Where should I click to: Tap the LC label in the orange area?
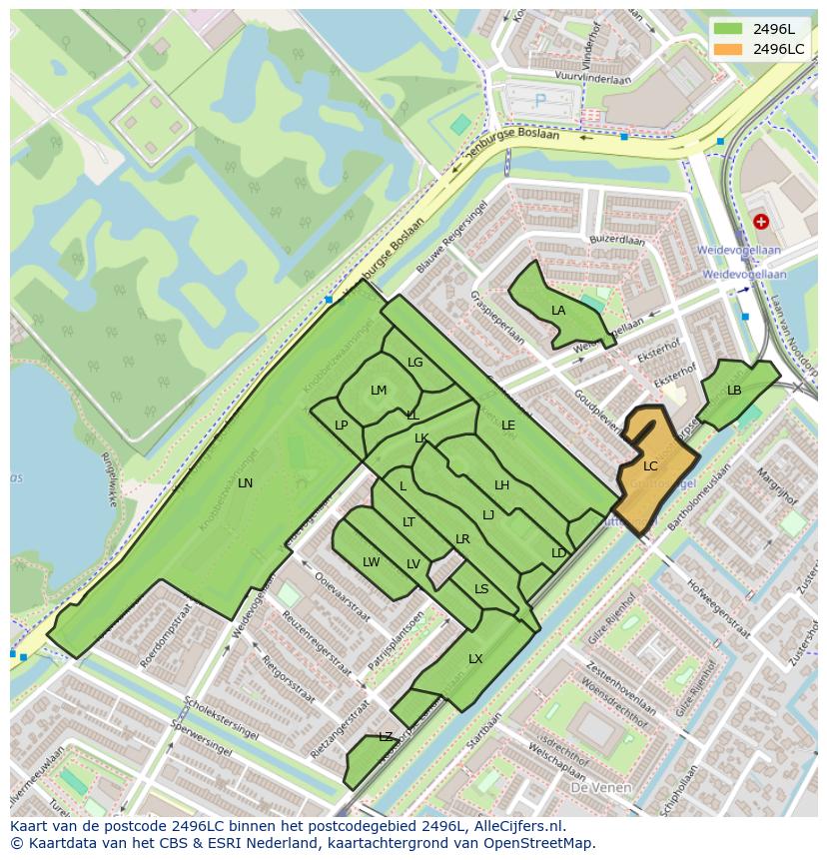(x=650, y=466)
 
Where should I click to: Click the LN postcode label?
(x=245, y=483)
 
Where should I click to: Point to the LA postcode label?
(x=558, y=311)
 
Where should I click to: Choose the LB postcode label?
(x=734, y=391)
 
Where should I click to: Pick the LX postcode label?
(x=475, y=659)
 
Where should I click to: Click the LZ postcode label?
(x=386, y=737)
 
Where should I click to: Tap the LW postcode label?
(x=372, y=562)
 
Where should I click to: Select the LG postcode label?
(x=415, y=363)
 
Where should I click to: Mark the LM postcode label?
(x=379, y=391)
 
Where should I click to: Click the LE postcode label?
(x=508, y=426)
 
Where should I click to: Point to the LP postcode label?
(x=342, y=426)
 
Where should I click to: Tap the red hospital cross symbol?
(x=762, y=221)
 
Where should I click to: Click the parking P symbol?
(x=541, y=100)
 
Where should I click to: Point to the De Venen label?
(x=600, y=788)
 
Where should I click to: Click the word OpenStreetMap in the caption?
(x=538, y=843)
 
